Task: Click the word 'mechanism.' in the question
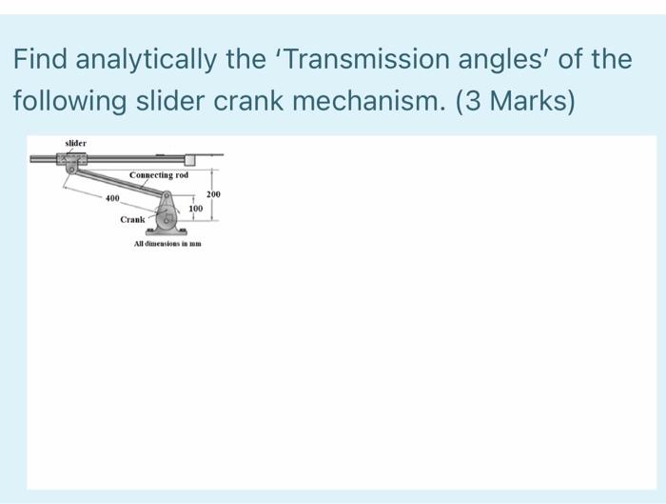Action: [383, 101]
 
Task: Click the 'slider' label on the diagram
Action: [75, 143]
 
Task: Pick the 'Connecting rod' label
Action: [159, 174]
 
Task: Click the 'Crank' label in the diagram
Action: [132, 219]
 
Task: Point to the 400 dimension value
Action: [111, 197]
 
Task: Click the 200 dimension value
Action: [213, 194]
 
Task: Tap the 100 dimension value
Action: [195, 207]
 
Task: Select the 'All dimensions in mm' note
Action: [167, 245]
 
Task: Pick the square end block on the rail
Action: [191, 158]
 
